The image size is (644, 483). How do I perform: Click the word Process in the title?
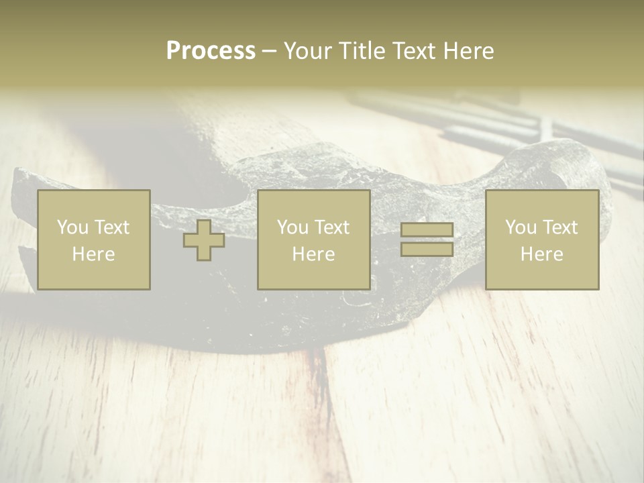coord(211,51)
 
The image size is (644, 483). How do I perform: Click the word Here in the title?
coord(468,51)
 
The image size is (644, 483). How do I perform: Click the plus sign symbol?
coord(204,240)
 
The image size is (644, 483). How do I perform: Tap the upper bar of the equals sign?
coord(427,230)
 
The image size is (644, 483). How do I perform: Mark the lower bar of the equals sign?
coord(427,250)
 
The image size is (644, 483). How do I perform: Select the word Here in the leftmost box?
coord(93,254)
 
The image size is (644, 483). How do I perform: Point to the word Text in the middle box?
coord(332,227)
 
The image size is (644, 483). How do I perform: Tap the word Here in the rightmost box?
coord(542,254)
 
